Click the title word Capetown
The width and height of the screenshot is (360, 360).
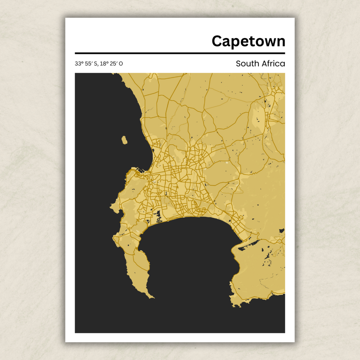pos(248,41)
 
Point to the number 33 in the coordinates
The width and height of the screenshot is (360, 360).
pos(78,64)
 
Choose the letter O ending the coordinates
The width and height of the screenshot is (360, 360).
pos(121,64)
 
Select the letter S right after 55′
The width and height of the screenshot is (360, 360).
pos(95,64)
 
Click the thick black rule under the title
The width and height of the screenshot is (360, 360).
pos(180,53)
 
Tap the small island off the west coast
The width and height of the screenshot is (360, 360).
pos(124,140)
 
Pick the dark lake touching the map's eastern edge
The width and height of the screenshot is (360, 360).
pos(282,231)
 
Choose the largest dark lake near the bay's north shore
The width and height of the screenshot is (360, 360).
pos(158,215)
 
